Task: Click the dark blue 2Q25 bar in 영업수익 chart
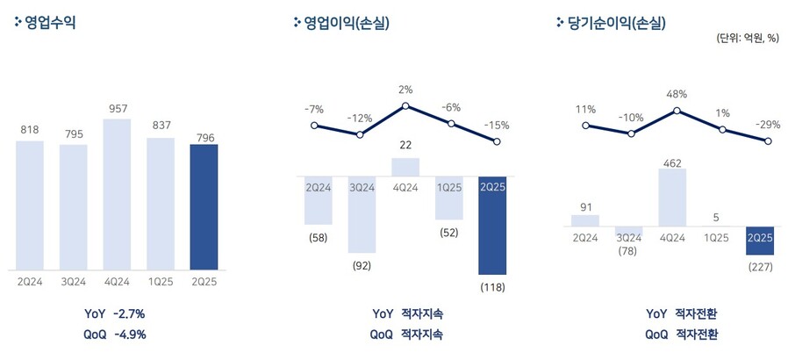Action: point(203,207)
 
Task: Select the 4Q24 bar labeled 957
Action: point(117,194)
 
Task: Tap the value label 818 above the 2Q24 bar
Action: point(30,131)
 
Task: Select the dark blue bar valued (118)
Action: point(492,226)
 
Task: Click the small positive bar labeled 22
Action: point(405,167)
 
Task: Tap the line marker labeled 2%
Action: point(405,106)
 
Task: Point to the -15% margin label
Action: point(497,125)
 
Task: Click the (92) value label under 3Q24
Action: point(360,264)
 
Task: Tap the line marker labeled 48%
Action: point(677,112)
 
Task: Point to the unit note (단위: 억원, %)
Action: point(749,38)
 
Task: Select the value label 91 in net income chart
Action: point(585,206)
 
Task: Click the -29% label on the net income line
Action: point(768,125)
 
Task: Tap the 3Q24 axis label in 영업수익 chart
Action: point(73,281)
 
